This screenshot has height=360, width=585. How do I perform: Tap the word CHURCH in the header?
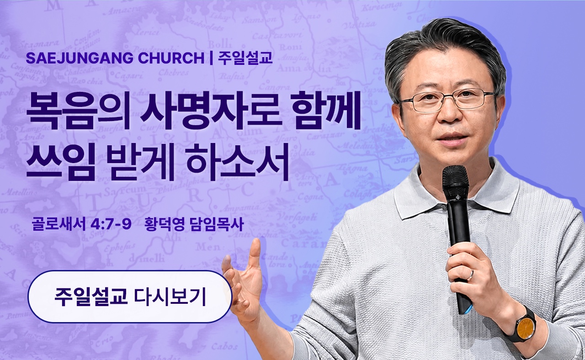[x=171, y=58]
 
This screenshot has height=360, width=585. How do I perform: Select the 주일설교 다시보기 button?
[x=130, y=297]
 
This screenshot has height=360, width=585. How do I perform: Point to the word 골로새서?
[x=58, y=224]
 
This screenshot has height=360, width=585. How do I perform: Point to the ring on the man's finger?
[x=471, y=275]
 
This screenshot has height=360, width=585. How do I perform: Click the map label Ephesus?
[x=119, y=247]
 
